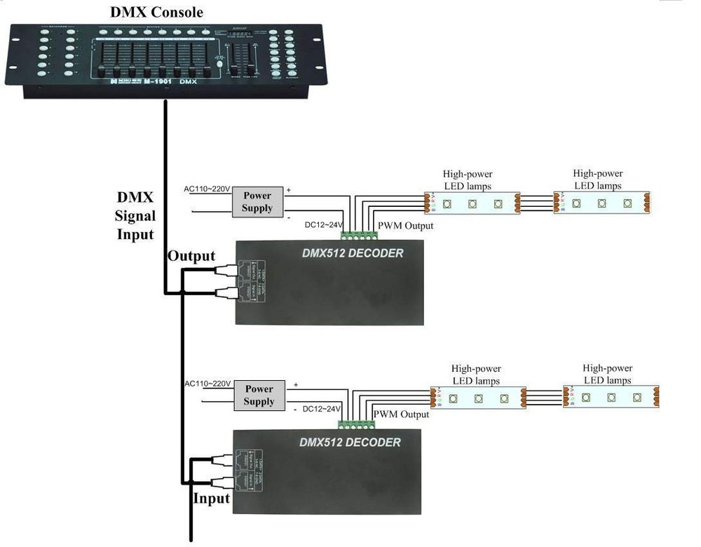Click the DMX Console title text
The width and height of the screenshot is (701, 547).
click(x=157, y=12)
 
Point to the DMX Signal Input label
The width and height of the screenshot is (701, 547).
click(x=135, y=215)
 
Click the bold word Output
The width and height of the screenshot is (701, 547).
click(x=191, y=256)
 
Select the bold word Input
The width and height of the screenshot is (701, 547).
click(x=211, y=499)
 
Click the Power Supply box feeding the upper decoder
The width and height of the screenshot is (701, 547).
click(x=257, y=201)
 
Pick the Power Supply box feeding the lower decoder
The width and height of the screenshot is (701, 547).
click(x=259, y=396)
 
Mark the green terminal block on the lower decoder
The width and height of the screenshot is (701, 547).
click(x=355, y=425)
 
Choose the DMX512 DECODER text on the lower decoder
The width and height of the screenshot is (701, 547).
click(x=350, y=443)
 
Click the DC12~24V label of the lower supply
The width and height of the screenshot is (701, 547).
click(x=321, y=409)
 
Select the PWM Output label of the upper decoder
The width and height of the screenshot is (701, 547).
click(x=405, y=226)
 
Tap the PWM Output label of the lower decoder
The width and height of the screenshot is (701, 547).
click(x=401, y=414)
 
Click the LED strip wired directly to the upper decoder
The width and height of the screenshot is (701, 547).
click(x=472, y=203)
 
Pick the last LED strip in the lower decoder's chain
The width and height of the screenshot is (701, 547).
click(x=611, y=397)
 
